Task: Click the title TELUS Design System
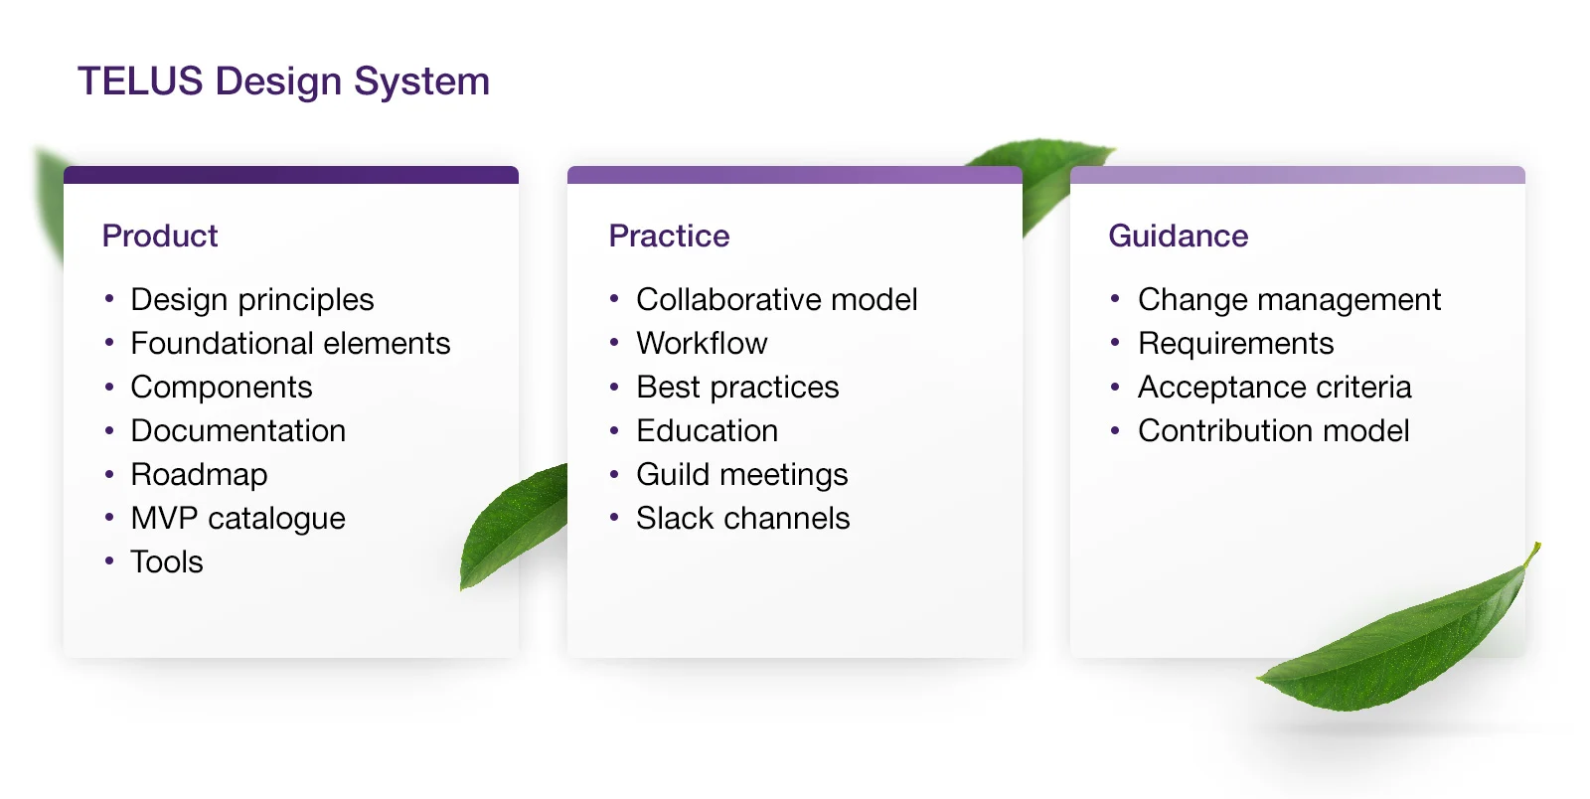[x=283, y=81]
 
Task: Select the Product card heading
[x=160, y=236]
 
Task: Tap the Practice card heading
[x=669, y=236]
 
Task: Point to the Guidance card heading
[x=1178, y=236]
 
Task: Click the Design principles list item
[x=252, y=299]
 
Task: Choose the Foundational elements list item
[x=290, y=343]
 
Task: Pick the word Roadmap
[x=199, y=474]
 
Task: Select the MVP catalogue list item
[x=238, y=518]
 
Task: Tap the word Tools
[x=167, y=561]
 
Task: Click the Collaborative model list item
[x=777, y=299]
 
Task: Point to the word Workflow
[x=702, y=343]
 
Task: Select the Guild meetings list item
[x=742, y=474]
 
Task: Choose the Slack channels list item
[x=743, y=518]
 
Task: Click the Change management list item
[x=1289, y=299]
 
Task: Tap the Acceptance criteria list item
[x=1274, y=387]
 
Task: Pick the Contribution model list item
[x=1273, y=430]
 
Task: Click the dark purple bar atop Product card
[x=291, y=175]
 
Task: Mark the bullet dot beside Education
[x=614, y=430]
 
